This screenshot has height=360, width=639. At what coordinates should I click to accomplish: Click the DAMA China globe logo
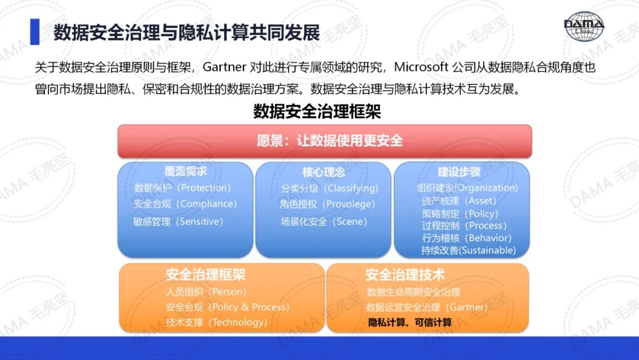click(x=583, y=26)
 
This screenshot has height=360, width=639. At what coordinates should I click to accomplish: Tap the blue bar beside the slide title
click(x=35, y=31)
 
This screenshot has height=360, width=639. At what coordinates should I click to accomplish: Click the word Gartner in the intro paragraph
click(x=224, y=67)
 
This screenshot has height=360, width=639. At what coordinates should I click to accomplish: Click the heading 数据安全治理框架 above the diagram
click(x=317, y=111)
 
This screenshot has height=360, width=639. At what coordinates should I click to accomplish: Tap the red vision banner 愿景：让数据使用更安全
click(x=325, y=141)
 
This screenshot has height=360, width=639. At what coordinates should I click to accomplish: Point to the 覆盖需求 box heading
click(x=185, y=171)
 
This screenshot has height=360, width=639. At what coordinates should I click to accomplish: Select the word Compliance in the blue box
click(x=206, y=204)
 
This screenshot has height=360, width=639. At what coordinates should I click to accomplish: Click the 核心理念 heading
click(x=324, y=172)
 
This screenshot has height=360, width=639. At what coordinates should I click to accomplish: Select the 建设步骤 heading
click(x=459, y=172)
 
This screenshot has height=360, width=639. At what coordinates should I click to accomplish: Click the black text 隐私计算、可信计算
click(x=409, y=323)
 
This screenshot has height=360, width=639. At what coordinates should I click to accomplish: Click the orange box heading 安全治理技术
click(x=405, y=275)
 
